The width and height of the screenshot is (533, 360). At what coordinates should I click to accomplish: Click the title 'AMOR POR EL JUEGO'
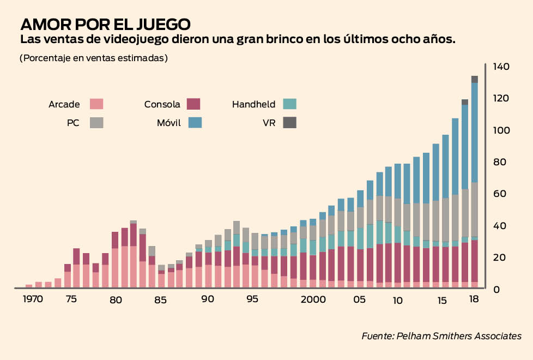coord(105,25)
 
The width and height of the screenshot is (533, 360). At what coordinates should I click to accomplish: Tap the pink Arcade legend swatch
coord(96,104)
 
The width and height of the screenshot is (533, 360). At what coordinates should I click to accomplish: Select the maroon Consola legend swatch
coord(193,104)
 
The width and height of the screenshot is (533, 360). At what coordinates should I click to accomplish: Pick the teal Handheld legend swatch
coord(289,104)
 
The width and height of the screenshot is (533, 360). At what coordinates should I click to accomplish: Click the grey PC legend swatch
coord(96,123)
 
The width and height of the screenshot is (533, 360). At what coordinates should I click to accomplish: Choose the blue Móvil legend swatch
coord(195,123)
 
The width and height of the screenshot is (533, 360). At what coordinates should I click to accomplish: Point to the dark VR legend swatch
coord(289,123)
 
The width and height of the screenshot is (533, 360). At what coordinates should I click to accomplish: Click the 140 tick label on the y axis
coord(501,67)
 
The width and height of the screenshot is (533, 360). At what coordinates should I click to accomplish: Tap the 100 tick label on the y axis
coord(501,130)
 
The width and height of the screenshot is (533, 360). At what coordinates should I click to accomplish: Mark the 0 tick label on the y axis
coord(496,290)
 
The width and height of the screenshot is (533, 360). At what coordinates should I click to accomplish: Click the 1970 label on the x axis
coord(33,299)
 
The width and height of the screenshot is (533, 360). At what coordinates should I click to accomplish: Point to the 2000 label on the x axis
coord(314,299)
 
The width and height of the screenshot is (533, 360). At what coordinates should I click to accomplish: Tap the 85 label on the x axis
coord(161,299)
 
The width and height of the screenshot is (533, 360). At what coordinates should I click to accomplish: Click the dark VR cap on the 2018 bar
coord(475,79)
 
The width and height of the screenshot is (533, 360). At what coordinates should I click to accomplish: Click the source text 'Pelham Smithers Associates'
coord(465,336)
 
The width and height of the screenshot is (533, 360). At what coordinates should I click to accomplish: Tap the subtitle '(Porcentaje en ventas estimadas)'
coord(93,58)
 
